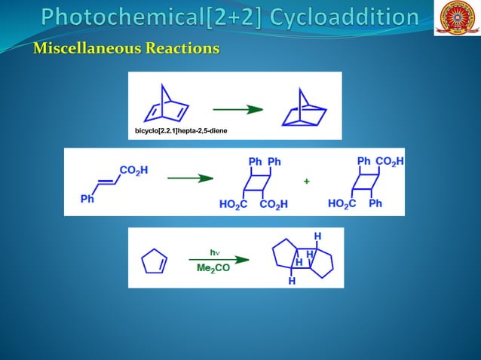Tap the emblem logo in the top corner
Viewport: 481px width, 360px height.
pyautogui.click(x=457, y=18)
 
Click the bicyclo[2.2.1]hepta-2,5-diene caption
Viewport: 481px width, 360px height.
pyautogui.click(x=181, y=131)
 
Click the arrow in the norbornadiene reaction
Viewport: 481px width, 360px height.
pyautogui.click(x=237, y=109)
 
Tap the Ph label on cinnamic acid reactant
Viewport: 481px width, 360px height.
pyautogui.click(x=87, y=199)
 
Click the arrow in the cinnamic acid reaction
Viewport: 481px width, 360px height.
pyautogui.click(x=188, y=178)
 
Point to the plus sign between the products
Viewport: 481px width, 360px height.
pyautogui.click(x=306, y=182)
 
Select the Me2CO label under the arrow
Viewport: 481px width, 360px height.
pyautogui.click(x=213, y=269)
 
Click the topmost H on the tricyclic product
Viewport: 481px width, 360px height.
pyautogui.click(x=317, y=236)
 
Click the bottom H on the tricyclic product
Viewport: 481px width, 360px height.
pyautogui.click(x=292, y=281)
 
